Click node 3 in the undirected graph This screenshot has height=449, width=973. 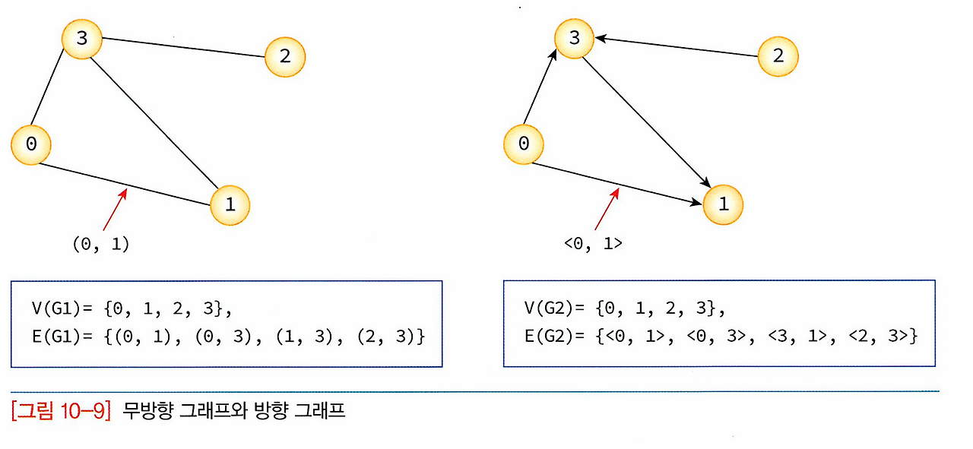coord(81,38)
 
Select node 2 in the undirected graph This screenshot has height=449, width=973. coord(284,56)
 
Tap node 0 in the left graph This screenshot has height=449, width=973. coord(30,144)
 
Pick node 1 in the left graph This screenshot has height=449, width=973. coord(230,204)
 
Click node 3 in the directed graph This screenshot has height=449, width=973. coord(575,38)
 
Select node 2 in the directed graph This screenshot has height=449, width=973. coord(778,56)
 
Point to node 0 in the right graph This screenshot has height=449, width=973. coord(524,144)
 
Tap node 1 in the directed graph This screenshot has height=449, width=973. coord(723,204)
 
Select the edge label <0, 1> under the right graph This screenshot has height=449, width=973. coord(593,244)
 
